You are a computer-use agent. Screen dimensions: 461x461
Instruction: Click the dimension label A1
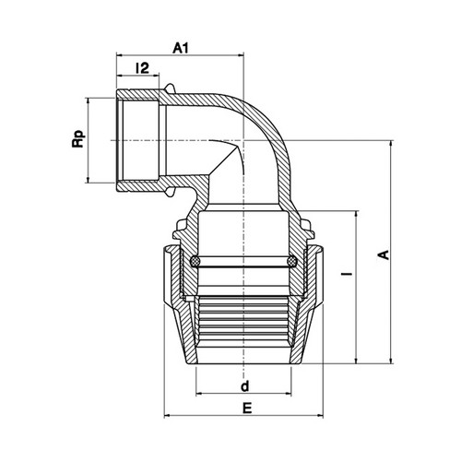(x=181, y=48)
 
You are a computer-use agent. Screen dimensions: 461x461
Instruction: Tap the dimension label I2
(x=143, y=68)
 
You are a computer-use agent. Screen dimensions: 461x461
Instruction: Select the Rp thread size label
(x=78, y=139)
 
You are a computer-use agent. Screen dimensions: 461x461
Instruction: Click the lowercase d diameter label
(x=244, y=386)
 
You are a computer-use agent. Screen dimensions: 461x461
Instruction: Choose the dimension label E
(x=247, y=408)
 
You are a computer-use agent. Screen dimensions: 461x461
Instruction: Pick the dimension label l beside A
(x=348, y=273)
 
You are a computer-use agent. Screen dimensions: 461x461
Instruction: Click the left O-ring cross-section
(x=195, y=262)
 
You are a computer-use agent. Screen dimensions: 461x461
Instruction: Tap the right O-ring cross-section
(x=291, y=262)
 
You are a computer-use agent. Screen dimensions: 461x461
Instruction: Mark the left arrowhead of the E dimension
(x=167, y=416)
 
